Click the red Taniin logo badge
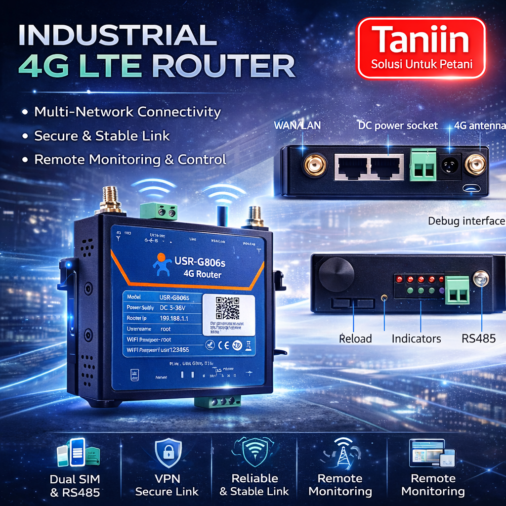pos(421,48)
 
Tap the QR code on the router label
pos(227,308)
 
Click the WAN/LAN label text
pos(297,126)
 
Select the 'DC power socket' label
pos(398,126)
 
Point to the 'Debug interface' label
pos(466,221)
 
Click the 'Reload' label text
pos(355,338)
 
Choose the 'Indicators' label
pos(416,338)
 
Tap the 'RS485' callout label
pos(478,338)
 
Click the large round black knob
pos(336,274)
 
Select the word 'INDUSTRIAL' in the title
pos(117,36)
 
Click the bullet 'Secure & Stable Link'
pos(101,135)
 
